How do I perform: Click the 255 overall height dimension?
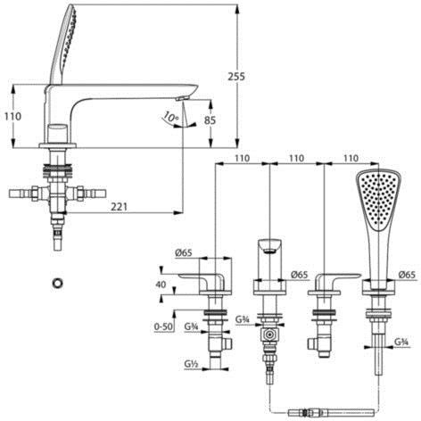pos(236,77)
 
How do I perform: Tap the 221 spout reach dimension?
pos(119,206)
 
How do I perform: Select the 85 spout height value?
pos(210,120)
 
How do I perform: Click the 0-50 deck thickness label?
pos(163,326)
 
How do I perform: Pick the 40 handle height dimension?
pos(161,285)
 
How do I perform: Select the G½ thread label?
pos(191,364)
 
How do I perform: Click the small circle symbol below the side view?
pos(56,283)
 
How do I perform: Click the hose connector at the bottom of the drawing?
pos(331,413)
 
